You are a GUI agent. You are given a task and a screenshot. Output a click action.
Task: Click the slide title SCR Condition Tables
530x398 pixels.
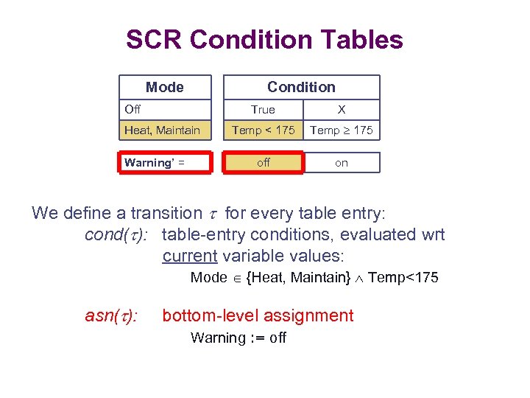(x=264, y=39)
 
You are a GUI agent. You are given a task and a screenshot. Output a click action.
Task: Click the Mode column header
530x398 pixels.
(x=165, y=87)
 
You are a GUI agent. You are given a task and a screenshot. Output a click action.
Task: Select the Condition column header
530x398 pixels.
(x=301, y=87)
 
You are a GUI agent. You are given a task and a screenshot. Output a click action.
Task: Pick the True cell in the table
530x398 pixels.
(x=263, y=110)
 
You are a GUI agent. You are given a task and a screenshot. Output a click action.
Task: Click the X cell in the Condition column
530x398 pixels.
(x=341, y=110)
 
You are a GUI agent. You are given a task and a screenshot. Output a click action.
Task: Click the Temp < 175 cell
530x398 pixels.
(x=264, y=130)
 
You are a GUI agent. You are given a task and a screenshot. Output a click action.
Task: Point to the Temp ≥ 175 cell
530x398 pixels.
(x=342, y=130)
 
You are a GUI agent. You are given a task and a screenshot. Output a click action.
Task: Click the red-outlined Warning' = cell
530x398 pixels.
(x=165, y=163)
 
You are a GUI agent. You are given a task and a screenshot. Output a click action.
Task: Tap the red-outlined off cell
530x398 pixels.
(x=264, y=163)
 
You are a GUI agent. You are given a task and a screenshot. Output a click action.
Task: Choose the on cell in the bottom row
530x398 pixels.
(x=342, y=163)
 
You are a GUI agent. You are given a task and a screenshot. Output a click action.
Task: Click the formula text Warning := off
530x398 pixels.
(x=239, y=338)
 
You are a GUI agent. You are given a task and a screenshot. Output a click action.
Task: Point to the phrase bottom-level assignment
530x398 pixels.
(x=258, y=316)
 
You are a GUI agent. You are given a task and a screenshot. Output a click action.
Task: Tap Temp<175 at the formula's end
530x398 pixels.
(x=403, y=278)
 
